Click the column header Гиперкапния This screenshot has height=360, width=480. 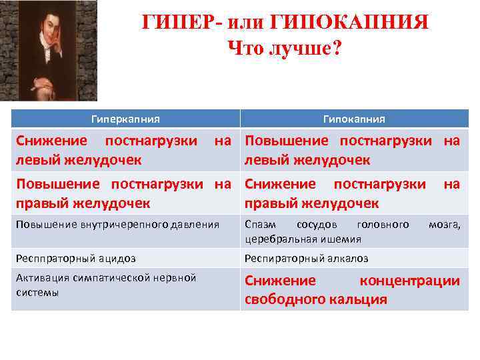(125, 119)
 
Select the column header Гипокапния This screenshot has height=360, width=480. (354, 119)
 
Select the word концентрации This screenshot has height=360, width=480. (409, 281)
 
